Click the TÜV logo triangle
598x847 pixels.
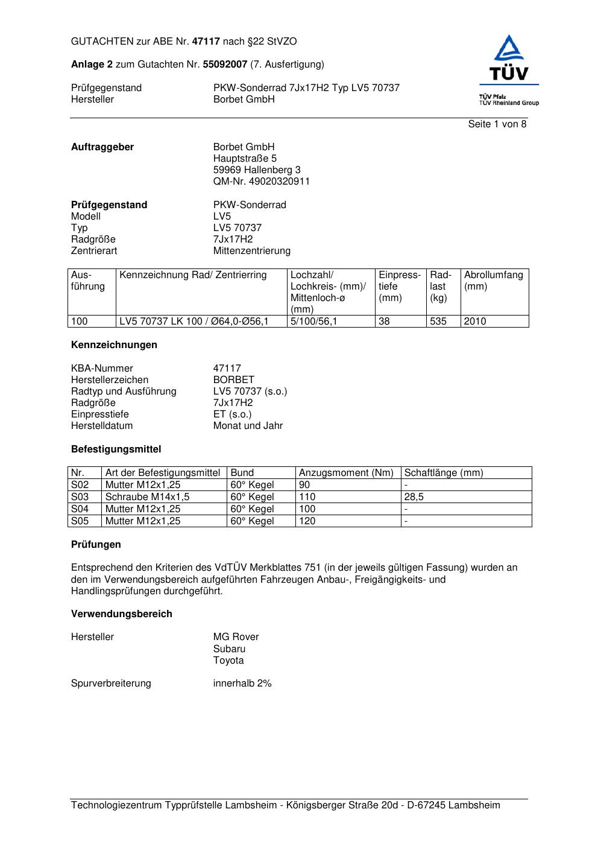click(x=509, y=48)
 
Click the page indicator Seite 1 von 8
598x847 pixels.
click(x=497, y=124)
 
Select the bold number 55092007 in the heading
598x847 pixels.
click(x=225, y=64)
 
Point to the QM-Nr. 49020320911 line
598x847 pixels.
click(x=261, y=182)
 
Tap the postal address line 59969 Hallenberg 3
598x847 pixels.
click(x=257, y=170)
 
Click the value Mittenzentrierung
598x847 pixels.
click(x=251, y=251)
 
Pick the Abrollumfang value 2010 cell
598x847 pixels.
click(x=475, y=322)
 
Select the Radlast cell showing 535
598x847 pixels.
click(x=438, y=322)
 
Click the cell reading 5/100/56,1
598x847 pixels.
click(x=313, y=322)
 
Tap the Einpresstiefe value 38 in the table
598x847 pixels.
click(x=385, y=322)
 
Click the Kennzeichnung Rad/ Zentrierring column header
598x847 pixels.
click(x=193, y=276)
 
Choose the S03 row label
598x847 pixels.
click(x=80, y=497)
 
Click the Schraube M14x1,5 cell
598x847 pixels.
click(x=147, y=497)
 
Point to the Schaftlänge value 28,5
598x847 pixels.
click(x=414, y=497)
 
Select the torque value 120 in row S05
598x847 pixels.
click(x=307, y=521)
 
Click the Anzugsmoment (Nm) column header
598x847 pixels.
click(x=346, y=473)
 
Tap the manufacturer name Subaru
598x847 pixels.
click(x=229, y=649)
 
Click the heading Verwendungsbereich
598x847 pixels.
click(x=122, y=614)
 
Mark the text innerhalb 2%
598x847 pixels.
click(x=242, y=684)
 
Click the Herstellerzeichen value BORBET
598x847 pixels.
click(x=234, y=380)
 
